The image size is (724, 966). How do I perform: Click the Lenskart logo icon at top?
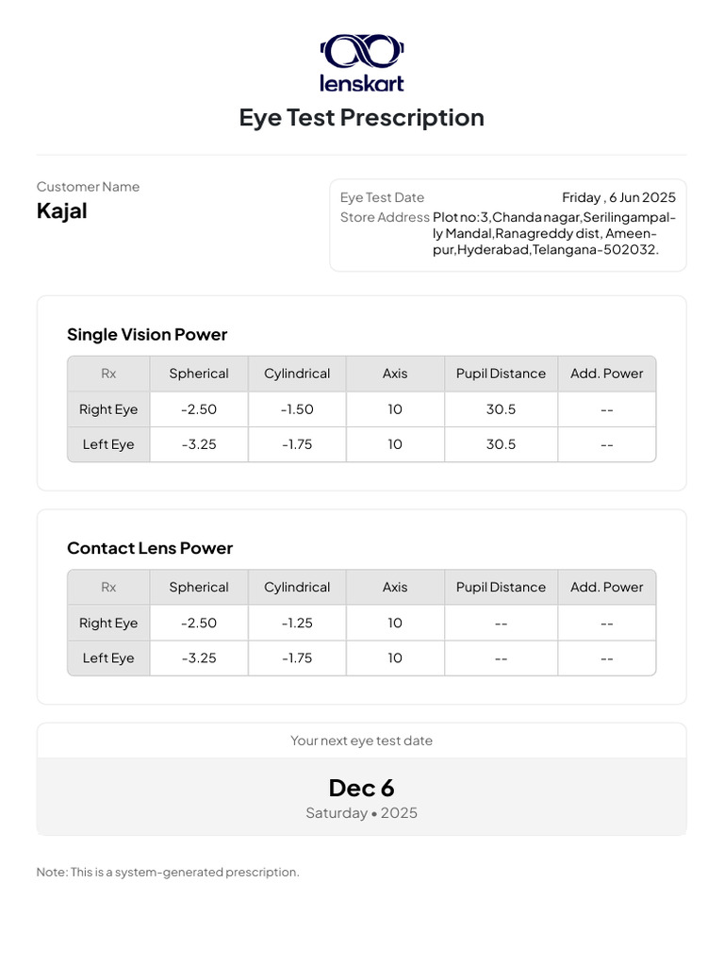tap(362, 51)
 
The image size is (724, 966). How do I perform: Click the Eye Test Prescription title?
tap(361, 118)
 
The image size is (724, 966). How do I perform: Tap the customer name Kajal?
tap(62, 211)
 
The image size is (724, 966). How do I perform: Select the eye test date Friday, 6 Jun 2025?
tap(618, 198)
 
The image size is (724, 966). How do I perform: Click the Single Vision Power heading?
tap(147, 335)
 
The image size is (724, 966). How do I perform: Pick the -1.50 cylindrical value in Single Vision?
tap(297, 409)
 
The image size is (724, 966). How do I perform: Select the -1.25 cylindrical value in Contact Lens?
tap(297, 624)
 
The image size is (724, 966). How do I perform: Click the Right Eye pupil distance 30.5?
tap(501, 409)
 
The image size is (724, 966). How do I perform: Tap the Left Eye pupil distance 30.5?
tap(501, 444)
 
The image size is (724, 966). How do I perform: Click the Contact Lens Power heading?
tap(150, 549)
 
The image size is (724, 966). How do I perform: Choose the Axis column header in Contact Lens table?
tap(395, 588)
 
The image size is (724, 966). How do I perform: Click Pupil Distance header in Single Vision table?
tap(501, 374)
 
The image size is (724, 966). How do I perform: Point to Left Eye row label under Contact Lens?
tap(108, 658)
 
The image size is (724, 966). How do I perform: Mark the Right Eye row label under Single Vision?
tap(108, 409)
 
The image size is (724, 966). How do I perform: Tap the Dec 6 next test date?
tap(361, 789)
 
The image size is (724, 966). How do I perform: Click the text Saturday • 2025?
tap(361, 813)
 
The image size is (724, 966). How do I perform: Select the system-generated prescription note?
tap(168, 873)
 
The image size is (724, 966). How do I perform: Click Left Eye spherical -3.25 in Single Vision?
tap(199, 444)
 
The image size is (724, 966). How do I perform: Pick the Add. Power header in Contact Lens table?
tap(606, 588)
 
